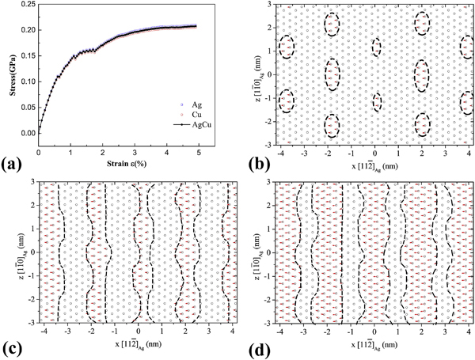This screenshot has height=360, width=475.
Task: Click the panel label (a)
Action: [x=13, y=165]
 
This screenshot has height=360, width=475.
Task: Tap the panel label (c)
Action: [x=13, y=346]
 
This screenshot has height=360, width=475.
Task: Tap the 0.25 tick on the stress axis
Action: [x=27, y=6]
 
